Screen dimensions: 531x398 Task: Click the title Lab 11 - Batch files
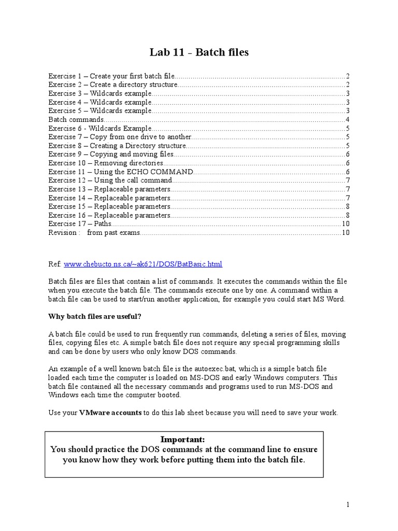[x=199, y=53]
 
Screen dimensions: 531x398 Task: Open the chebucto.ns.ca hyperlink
[x=143, y=264]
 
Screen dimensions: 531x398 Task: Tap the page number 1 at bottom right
[x=349, y=504]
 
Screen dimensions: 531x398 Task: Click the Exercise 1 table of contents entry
[x=111, y=76]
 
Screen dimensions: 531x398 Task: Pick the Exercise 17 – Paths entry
[x=80, y=223]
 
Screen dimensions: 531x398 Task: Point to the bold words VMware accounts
[x=110, y=412]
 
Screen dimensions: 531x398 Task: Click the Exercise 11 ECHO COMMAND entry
[x=121, y=171]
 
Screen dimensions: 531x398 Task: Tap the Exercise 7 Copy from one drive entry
[x=120, y=136]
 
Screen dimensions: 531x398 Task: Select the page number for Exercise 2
[x=348, y=85]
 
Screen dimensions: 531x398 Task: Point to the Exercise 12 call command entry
[x=110, y=180]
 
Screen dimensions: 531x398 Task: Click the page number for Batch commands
[x=348, y=119]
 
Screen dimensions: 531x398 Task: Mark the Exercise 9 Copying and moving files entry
[x=111, y=154]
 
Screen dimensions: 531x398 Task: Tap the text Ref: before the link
[x=55, y=264]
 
